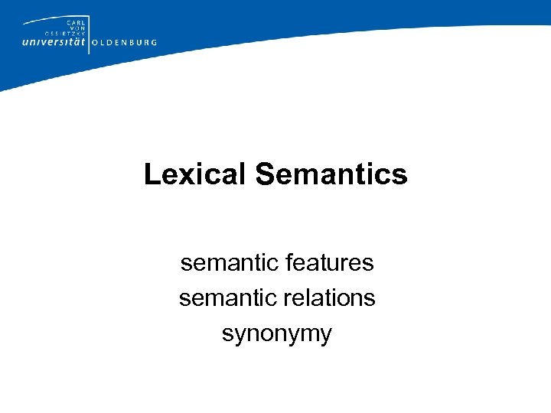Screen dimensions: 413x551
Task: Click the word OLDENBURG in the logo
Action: [x=125, y=43]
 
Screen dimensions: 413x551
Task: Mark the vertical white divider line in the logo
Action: [x=90, y=34]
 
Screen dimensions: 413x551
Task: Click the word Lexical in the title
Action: [x=195, y=174]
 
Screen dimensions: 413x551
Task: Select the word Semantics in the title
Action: [x=331, y=174]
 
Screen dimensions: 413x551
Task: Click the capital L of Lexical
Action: [x=152, y=174]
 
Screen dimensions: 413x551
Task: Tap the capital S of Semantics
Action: [x=265, y=174]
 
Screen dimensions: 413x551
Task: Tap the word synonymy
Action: [x=276, y=334]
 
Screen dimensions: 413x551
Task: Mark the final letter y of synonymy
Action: [x=326, y=336]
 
